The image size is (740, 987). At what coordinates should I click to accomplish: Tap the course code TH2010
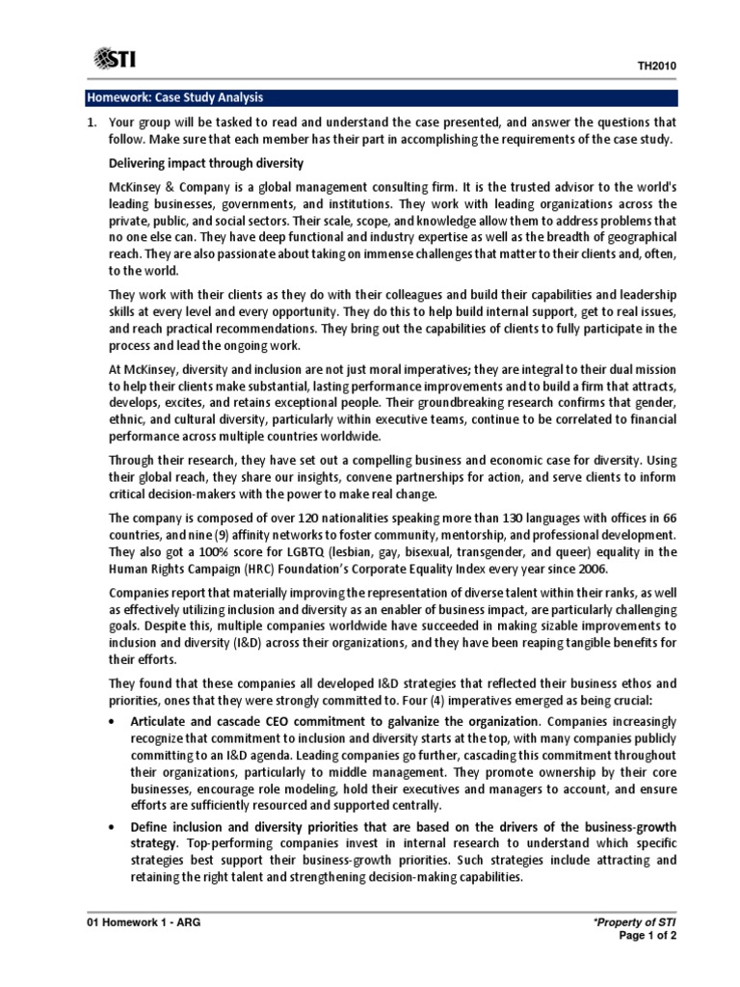point(656,65)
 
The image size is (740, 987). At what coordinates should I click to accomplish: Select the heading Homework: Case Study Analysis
point(174,98)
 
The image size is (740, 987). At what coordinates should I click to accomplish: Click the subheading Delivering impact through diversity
point(206,163)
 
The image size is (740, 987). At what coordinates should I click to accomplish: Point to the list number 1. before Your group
point(92,123)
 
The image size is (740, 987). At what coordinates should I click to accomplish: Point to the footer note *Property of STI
point(636,922)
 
